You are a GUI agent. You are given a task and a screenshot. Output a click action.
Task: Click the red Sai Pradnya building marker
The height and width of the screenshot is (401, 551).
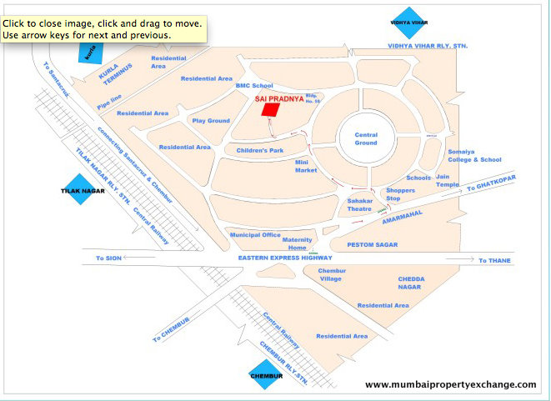[271, 109]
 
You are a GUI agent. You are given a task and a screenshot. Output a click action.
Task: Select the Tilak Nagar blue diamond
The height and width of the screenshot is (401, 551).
[79, 190]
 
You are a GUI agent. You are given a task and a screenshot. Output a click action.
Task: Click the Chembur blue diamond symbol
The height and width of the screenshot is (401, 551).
[267, 376]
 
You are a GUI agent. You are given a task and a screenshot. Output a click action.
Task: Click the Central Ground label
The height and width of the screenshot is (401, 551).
[366, 138]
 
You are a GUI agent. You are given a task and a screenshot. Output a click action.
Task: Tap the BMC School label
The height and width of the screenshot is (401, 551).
[254, 85]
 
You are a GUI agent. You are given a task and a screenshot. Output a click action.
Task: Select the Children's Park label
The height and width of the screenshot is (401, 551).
[260, 150]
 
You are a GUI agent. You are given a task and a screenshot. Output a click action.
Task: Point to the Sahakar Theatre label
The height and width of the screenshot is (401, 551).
[359, 204]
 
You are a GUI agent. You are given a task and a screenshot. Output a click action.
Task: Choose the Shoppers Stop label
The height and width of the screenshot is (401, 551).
[400, 194]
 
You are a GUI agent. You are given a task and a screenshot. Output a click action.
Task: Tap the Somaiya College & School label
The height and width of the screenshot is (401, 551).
[475, 155]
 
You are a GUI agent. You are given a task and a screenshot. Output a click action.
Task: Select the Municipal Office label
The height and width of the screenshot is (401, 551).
[256, 235]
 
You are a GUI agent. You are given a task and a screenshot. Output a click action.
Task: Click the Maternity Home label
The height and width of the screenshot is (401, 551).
[298, 243]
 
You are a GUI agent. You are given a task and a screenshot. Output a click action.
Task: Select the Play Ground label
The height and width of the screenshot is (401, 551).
[211, 121]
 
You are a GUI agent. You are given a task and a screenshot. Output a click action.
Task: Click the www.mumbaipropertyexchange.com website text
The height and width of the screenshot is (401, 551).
[451, 384]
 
